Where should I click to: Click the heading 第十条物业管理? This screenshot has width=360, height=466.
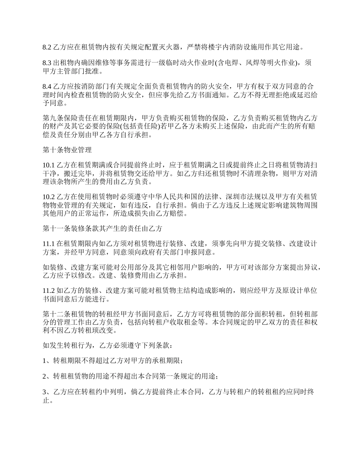point(67,150)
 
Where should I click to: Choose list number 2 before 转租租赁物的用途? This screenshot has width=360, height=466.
point(45,377)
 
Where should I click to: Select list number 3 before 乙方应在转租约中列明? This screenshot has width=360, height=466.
point(45,392)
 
